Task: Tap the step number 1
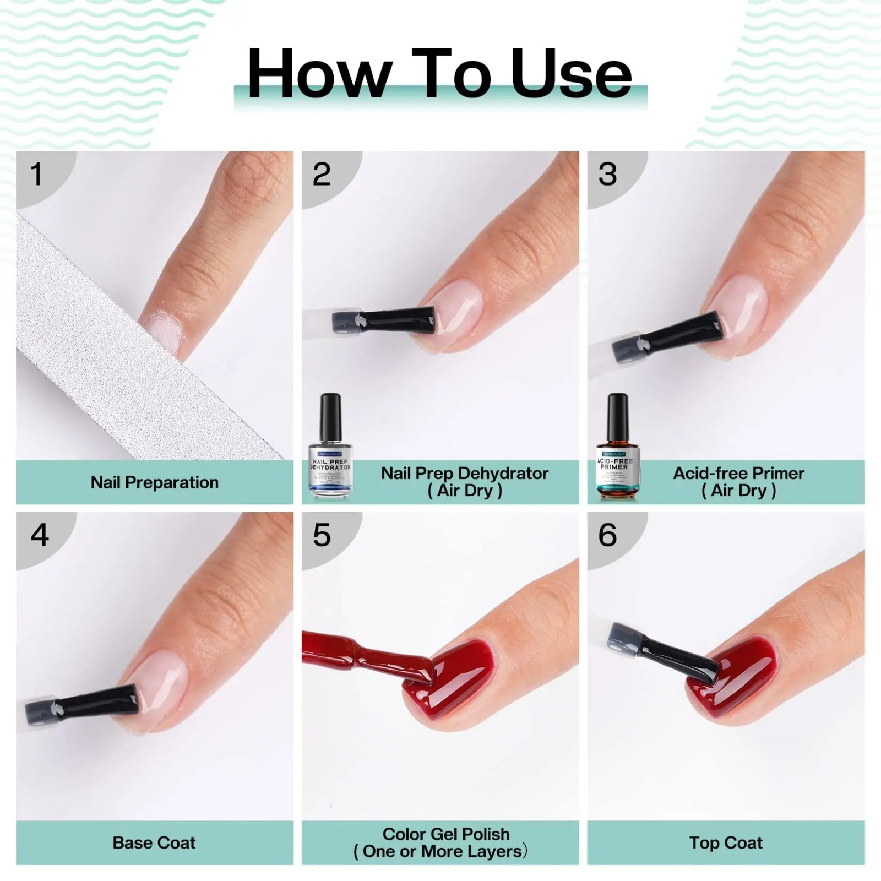click(x=36, y=175)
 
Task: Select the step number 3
click(x=607, y=175)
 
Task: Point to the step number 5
click(x=322, y=535)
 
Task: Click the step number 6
click(x=607, y=535)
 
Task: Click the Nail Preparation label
click(x=154, y=482)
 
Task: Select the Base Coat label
click(x=154, y=842)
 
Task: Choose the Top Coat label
click(x=726, y=842)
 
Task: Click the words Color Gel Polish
click(x=446, y=834)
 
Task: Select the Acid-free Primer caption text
click(x=738, y=473)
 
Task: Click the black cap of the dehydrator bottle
click(x=330, y=416)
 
